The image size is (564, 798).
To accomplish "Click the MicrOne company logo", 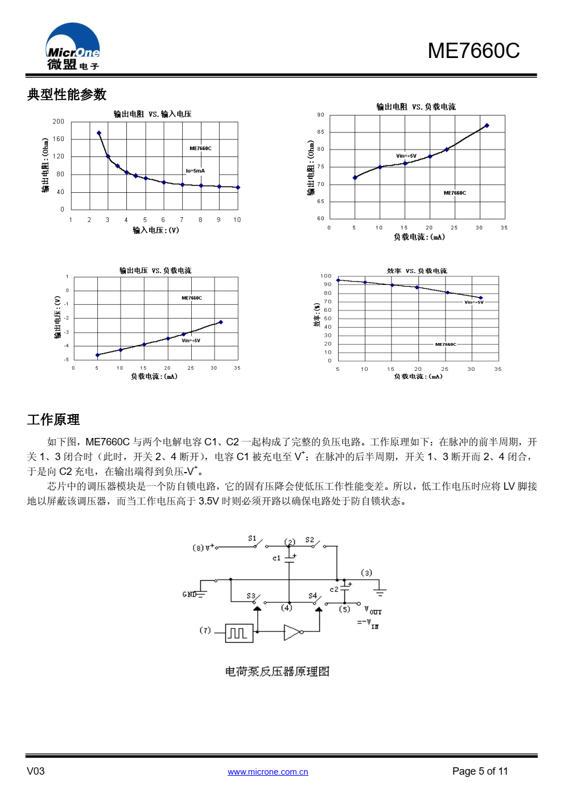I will (73, 47).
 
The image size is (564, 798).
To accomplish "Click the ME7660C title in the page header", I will (474, 51).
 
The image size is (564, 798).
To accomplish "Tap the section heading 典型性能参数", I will (67, 94).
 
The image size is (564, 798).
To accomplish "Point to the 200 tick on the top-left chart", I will (59, 122).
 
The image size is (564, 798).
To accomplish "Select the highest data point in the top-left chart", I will (99, 133).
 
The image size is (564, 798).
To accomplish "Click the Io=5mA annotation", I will (195, 171).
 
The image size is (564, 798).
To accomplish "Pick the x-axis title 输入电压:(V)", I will (155, 230).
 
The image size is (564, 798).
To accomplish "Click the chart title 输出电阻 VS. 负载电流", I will (415, 107).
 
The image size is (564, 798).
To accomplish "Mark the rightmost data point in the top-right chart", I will (487, 126).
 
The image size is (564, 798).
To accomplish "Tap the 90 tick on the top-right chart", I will (321, 115).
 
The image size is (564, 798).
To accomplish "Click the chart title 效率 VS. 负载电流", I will (417, 271).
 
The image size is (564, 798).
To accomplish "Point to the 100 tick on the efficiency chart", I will (326, 276).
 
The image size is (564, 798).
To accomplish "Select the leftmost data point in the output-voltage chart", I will (97, 355).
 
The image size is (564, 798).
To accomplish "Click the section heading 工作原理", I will (53, 420).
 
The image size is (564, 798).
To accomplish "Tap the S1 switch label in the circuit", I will (252, 538).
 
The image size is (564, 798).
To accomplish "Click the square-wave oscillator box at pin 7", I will (239, 633).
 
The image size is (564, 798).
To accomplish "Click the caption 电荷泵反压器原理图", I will (277, 672).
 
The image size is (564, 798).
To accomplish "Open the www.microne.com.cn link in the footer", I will (267, 772).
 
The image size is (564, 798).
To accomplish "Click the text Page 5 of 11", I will (480, 771).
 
